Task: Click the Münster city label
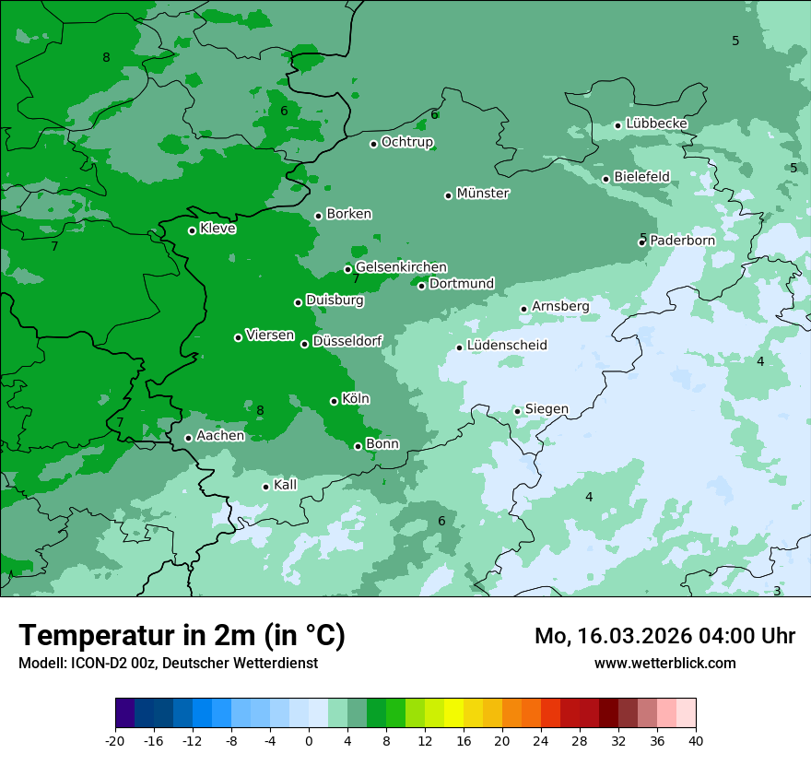click(x=483, y=194)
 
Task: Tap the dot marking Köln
click(x=335, y=401)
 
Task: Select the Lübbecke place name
click(x=656, y=124)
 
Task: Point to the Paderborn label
click(x=682, y=241)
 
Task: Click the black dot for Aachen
click(x=189, y=438)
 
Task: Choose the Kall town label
click(x=285, y=485)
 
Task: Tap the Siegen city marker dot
click(x=518, y=411)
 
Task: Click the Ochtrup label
click(x=406, y=142)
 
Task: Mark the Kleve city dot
click(x=193, y=230)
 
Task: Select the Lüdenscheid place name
click(x=507, y=346)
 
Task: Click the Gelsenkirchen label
click(x=401, y=267)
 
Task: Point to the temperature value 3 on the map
click(x=777, y=591)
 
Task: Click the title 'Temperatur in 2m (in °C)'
click(x=182, y=636)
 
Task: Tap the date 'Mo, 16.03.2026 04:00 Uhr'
click(x=664, y=637)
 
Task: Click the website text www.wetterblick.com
click(x=664, y=663)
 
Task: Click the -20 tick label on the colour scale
click(x=115, y=740)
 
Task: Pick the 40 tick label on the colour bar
click(x=696, y=740)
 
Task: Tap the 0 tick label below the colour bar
click(x=309, y=740)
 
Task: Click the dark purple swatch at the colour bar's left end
click(x=124, y=713)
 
